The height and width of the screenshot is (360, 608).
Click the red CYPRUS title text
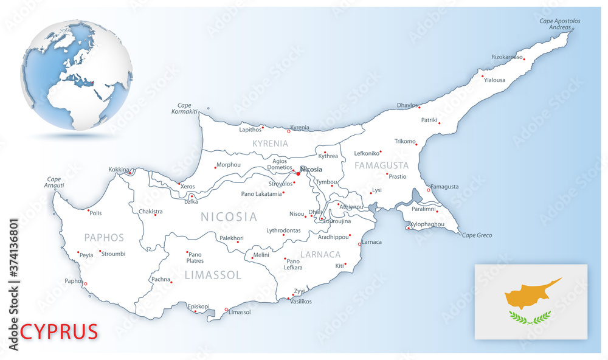59,332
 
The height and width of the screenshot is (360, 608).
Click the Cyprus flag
531,302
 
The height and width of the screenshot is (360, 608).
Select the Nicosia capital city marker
299,174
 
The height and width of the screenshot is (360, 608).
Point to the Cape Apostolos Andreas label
560,24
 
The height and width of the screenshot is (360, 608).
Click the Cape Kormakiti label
184,108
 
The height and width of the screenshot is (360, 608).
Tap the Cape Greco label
477,235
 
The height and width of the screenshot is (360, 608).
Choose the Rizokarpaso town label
507,57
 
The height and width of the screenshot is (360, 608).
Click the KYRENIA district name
269,144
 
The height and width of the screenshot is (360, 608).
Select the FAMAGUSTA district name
382,165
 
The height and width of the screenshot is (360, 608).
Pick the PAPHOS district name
104,238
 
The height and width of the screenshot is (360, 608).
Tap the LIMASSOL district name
213,275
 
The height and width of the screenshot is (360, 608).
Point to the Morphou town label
228,164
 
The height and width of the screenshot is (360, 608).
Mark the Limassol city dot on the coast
226,310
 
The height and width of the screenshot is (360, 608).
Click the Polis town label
95,213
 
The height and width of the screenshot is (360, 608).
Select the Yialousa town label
494,80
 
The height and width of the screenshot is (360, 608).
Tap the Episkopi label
199,306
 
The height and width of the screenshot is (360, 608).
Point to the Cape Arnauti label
54,182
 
